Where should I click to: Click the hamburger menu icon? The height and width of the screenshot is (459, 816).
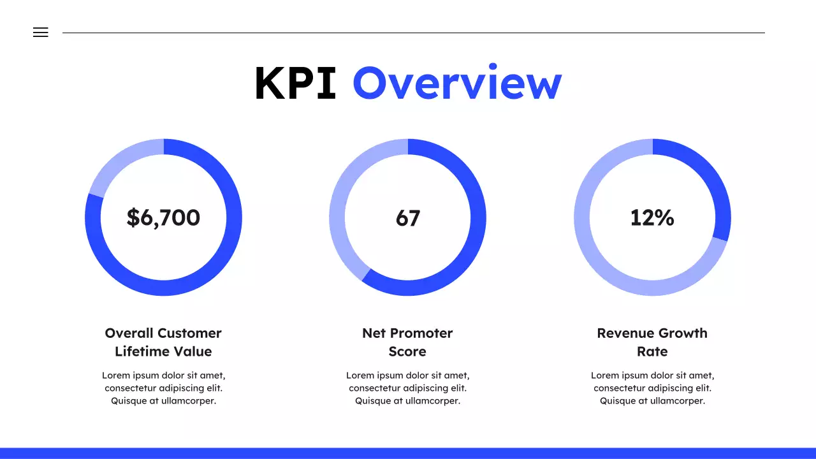click(x=40, y=33)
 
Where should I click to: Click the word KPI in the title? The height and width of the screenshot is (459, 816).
click(x=295, y=84)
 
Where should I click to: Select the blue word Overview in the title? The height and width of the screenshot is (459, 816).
click(x=457, y=84)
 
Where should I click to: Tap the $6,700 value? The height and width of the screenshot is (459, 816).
click(x=163, y=217)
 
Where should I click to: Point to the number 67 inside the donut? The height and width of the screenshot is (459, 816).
click(x=408, y=218)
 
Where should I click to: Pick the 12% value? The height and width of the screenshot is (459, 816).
click(x=652, y=217)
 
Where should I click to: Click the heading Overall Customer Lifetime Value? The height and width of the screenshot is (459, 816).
click(x=163, y=342)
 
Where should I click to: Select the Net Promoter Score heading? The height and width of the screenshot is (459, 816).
click(x=407, y=342)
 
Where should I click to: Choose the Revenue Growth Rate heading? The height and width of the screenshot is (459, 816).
click(x=652, y=342)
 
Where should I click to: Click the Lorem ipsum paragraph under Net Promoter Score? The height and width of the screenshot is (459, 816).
click(x=407, y=388)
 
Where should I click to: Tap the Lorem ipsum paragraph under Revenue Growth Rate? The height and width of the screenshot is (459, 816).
click(x=652, y=388)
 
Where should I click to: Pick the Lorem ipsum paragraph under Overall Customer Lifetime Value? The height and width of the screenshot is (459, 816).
click(x=163, y=388)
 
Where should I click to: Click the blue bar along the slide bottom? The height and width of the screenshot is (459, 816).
click(x=408, y=453)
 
